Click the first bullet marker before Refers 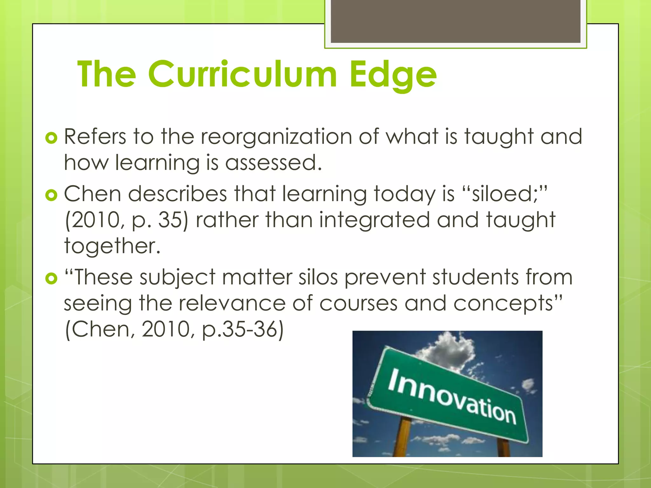click(51, 138)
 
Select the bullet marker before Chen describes click(51, 195)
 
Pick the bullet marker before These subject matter click(51, 279)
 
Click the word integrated click(374, 220)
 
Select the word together click(112, 246)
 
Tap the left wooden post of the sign click(402, 438)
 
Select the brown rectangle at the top click(456, 21)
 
